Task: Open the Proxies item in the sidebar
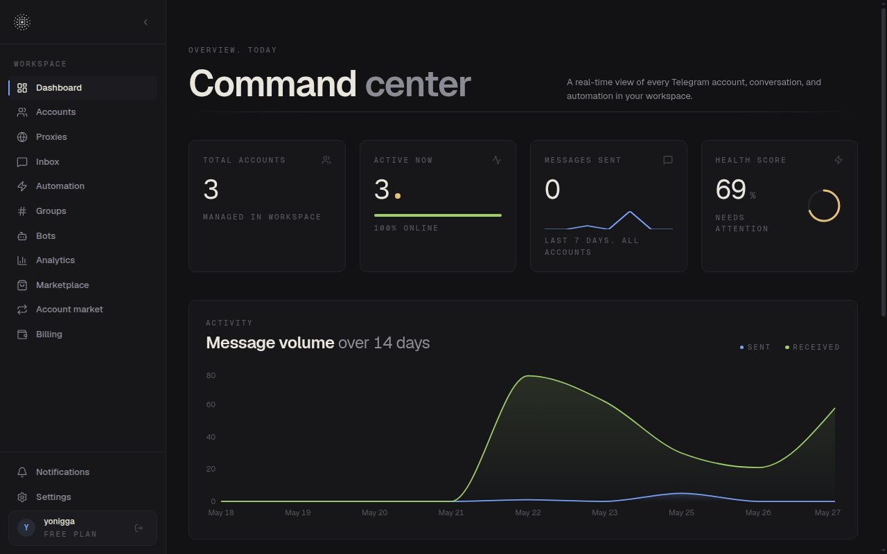coord(51,137)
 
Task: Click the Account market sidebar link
coord(69,310)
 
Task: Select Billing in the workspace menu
coord(49,334)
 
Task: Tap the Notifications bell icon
coord(22,472)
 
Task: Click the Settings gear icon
coord(22,497)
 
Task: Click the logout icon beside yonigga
coord(139,528)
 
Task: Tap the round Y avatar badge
coord(26,528)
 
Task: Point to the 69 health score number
coord(730,189)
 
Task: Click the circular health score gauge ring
coord(824,190)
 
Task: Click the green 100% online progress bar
coord(437,215)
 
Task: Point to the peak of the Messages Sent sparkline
coord(630,212)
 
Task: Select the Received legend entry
coord(813,348)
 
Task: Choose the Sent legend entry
coord(755,348)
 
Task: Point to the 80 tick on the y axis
coord(211,375)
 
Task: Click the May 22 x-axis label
coord(528,513)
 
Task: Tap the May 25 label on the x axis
coord(681,513)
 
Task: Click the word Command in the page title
coord(273,84)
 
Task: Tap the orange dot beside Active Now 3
coord(398,196)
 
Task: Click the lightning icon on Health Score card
coord(838,160)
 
